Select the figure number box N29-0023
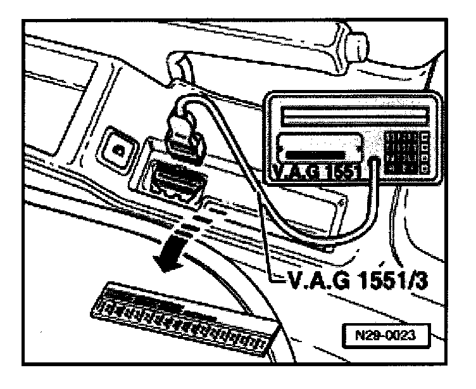[x=385, y=333]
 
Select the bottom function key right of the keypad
[x=423, y=169]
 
